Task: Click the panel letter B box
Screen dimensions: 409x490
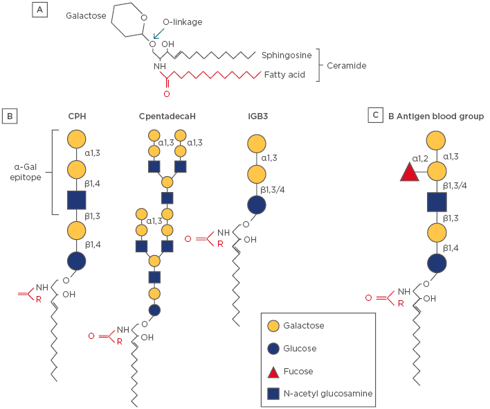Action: pos(11,115)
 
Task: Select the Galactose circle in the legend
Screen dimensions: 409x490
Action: pos(274,325)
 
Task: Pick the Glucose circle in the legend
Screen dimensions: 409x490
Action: pos(274,348)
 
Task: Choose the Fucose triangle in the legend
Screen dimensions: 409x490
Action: pos(274,371)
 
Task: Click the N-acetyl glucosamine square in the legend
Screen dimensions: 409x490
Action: pos(274,394)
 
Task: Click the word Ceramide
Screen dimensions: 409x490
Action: pos(347,65)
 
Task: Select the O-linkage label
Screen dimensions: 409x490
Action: pos(182,22)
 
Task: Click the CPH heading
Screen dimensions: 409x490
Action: pos(77,116)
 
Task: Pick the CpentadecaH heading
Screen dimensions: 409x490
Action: pos(167,116)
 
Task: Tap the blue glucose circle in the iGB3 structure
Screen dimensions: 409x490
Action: pos(257,205)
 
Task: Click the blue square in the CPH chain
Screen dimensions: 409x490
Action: pos(77,200)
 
